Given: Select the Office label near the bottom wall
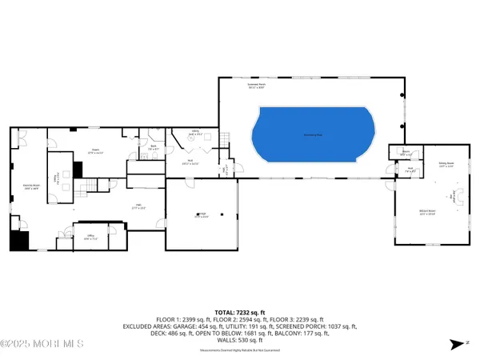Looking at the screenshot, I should point(91,236).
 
